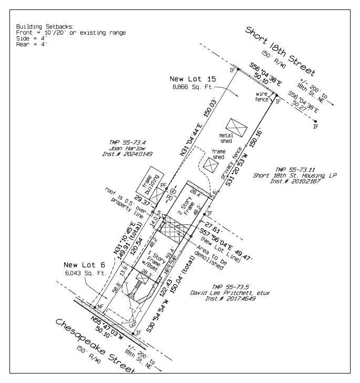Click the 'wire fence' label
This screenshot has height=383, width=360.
262,96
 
